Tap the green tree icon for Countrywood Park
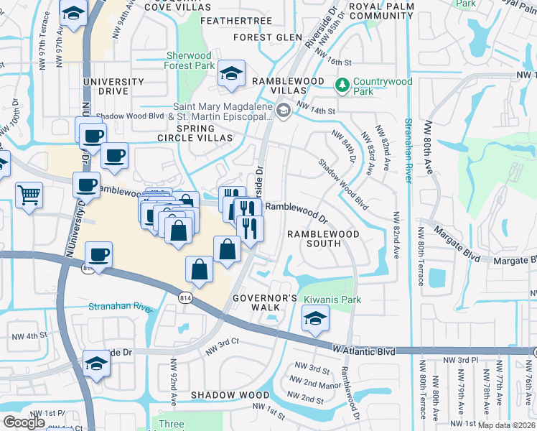point(342,86)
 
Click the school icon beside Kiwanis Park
point(315,319)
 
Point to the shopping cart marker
point(29,194)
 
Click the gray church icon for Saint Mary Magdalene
point(284,110)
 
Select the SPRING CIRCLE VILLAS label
point(195,132)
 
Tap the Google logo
point(24,422)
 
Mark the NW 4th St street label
point(29,335)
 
